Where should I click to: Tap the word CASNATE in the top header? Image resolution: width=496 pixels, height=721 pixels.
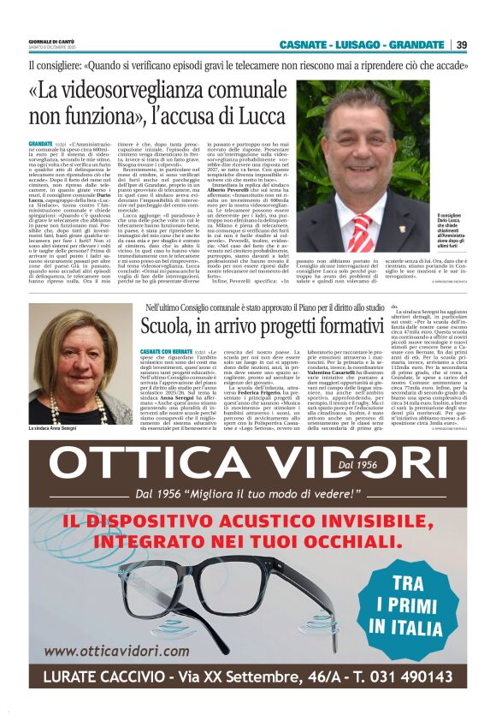[305, 45]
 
